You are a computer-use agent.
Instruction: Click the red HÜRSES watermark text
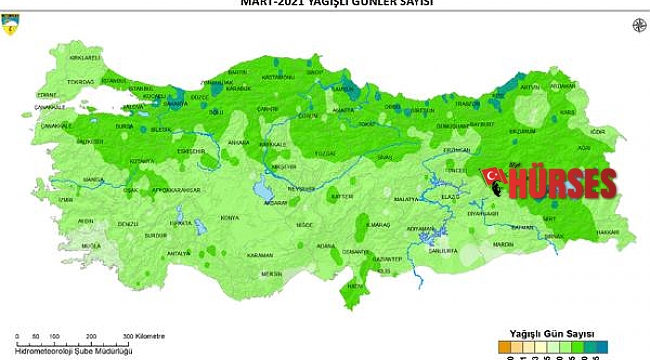(563, 184)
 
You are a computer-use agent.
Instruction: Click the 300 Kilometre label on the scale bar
(146, 336)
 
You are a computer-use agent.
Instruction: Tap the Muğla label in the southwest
(91, 244)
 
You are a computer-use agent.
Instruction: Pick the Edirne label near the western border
(47, 95)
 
